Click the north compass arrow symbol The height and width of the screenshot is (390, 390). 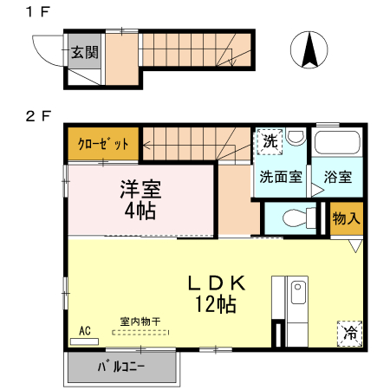click(308, 49)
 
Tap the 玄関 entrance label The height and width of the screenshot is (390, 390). click(84, 51)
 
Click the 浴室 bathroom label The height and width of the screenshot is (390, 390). click(338, 177)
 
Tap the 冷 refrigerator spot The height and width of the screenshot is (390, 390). click(350, 333)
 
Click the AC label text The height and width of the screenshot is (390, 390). click(84, 330)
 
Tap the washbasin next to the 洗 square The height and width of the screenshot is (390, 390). click(296, 137)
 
